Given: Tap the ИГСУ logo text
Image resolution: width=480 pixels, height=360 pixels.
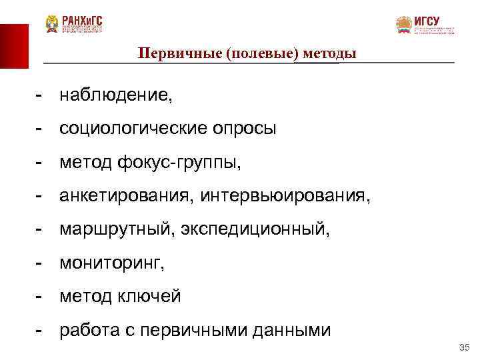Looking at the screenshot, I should click(x=427, y=20).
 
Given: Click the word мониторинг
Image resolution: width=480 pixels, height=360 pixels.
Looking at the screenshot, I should click(x=110, y=263).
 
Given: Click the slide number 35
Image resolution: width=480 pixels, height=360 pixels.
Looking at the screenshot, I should click(x=465, y=348).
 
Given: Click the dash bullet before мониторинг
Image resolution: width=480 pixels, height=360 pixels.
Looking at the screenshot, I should click(x=41, y=263).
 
